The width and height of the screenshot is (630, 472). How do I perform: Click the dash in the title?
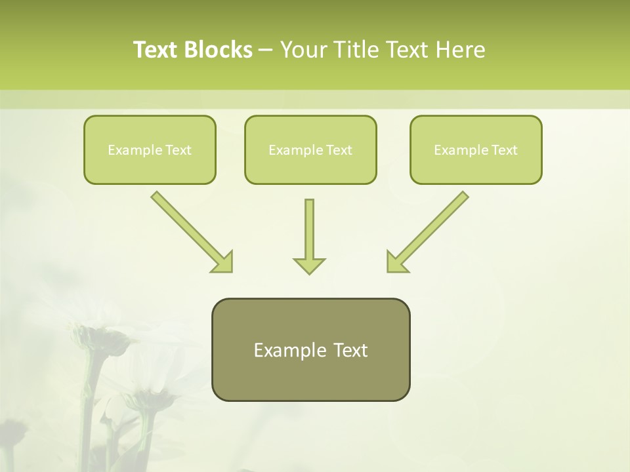click(265, 50)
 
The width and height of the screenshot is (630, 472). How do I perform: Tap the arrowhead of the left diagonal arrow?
click(223, 262)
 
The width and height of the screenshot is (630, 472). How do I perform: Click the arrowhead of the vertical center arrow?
click(309, 265)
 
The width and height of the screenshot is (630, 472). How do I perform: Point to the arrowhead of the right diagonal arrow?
click(396, 262)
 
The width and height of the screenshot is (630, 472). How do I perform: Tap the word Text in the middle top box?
click(339, 150)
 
